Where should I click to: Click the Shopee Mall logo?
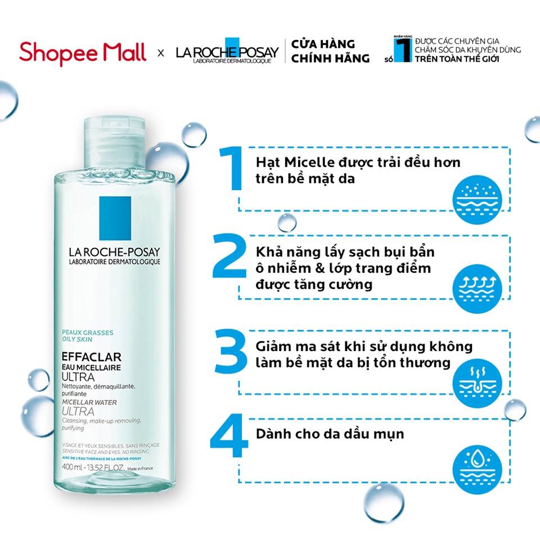(82, 53)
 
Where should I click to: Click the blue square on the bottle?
(115, 218)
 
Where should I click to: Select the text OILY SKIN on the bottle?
(78, 340)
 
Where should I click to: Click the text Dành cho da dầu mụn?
(330, 434)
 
